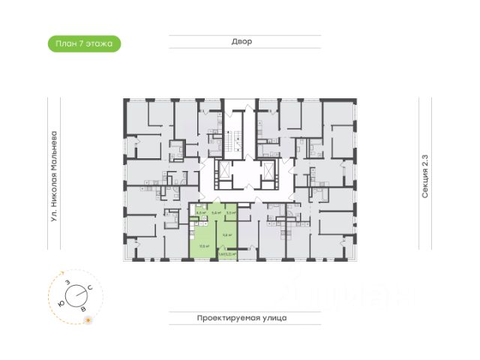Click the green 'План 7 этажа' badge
pos(83,43)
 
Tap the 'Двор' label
pos(241,42)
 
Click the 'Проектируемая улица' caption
pos(241,318)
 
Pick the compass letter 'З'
pos(67,282)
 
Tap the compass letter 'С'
pos(90,288)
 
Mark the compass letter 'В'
pos(82,307)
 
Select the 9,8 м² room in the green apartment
pos(227,234)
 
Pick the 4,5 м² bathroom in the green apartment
pos(200,213)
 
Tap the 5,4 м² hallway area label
pos(216,214)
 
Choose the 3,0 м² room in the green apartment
pos(231,213)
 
